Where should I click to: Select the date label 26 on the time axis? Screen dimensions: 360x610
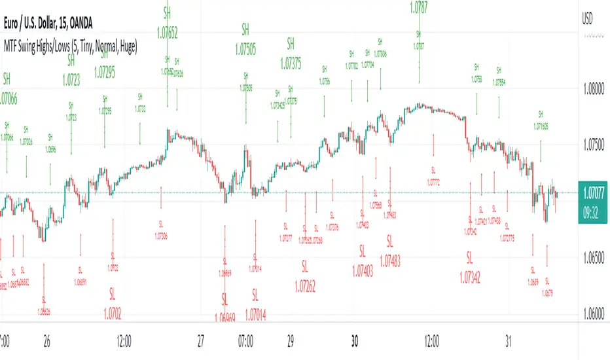click(x=46, y=341)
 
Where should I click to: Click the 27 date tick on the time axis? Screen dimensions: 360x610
click(x=201, y=341)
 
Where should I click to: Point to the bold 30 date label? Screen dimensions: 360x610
click(x=355, y=341)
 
